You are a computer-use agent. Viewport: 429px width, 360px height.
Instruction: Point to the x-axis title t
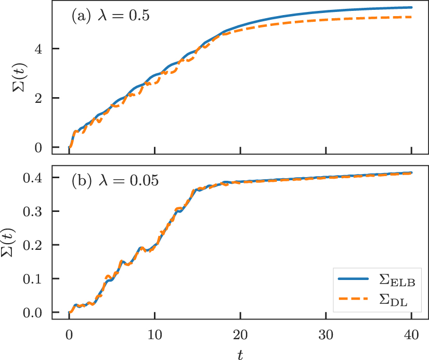240,353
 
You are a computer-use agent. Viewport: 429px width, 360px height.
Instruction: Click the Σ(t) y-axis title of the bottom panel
19,244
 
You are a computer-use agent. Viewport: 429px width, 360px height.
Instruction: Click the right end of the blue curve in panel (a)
411,7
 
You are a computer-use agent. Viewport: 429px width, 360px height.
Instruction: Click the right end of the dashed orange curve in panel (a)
411,17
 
